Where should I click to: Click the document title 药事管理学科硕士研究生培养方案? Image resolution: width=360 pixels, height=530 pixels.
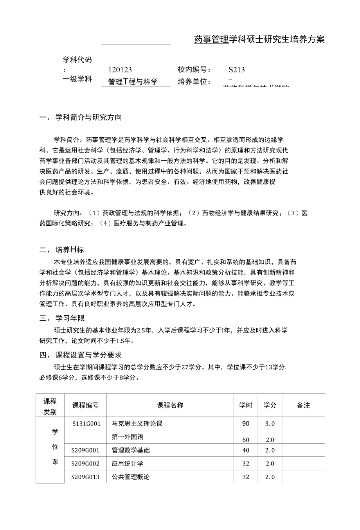[259, 39]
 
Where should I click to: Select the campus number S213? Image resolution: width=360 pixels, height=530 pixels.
[237, 70]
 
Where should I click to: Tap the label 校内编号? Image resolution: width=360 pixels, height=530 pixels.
[194, 70]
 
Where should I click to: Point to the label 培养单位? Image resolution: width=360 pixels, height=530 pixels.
[194, 82]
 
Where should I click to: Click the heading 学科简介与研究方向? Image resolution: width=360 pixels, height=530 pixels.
[88, 117]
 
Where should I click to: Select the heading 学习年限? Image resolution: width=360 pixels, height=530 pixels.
[70, 318]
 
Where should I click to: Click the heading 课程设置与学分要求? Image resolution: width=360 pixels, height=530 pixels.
[88, 355]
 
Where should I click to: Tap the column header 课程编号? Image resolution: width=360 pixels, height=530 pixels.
[85, 405]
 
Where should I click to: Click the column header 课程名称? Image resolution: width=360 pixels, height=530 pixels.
[170, 405]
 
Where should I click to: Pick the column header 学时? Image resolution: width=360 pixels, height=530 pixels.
[246, 405]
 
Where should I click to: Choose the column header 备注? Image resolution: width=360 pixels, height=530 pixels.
[303, 405]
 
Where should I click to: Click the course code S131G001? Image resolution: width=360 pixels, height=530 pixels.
[86, 423]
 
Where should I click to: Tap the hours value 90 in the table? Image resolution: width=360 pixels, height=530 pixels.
[246, 423]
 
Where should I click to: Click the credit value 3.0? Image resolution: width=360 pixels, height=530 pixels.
[270, 423]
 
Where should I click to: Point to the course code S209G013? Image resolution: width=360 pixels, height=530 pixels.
[85, 477]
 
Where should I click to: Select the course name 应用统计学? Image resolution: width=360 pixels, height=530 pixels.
[127, 464]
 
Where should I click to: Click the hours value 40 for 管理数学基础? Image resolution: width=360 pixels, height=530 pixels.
[246, 450]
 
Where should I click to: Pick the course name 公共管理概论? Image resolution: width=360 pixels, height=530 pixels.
[130, 477]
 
